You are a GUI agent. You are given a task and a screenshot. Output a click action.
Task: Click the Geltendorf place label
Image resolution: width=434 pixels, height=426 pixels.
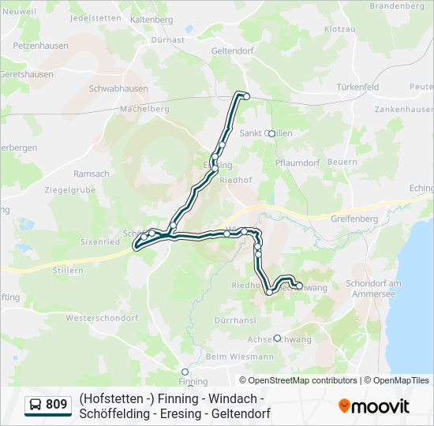pyautogui.click(x=231, y=50)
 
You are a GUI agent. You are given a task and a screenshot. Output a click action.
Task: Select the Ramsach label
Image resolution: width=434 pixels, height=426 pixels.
pyautogui.click(x=92, y=173)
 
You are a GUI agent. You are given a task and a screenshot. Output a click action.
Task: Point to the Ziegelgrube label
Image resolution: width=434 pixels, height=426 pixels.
pyautogui.click(x=70, y=190)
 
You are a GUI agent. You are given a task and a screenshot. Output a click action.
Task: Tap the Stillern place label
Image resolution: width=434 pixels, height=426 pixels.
pyautogui.click(x=68, y=270)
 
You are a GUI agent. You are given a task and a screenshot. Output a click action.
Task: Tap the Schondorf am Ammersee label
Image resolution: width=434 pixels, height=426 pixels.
pyautogui.click(x=374, y=288)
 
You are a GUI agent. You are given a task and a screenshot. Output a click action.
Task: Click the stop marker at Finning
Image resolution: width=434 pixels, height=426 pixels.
pyautogui.click(x=185, y=372)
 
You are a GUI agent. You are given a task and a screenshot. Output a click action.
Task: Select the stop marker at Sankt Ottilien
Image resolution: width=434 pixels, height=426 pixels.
pyautogui.click(x=271, y=133)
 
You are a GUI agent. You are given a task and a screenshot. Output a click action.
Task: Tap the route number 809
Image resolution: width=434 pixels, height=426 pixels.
pyautogui.click(x=57, y=405)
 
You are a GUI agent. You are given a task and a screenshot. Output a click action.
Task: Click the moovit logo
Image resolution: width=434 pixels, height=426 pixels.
pyautogui.click(x=374, y=405)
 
